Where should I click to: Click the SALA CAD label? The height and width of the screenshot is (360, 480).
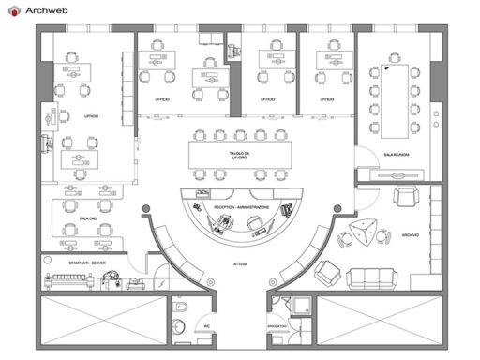[87, 217]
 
